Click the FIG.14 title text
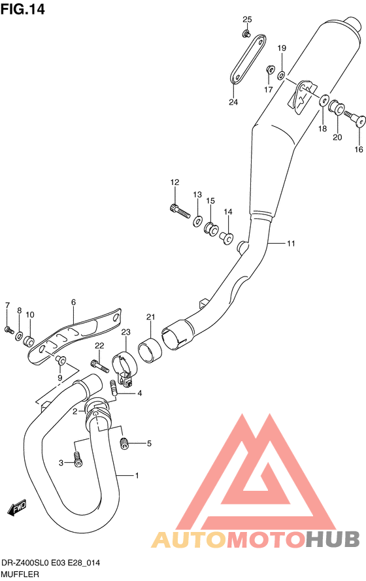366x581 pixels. click(x=22, y=9)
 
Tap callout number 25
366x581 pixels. click(x=247, y=19)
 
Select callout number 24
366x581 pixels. click(x=233, y=102)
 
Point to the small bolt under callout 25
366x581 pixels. click(x=246, y=34)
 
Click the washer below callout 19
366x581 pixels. click(x=281, y=76)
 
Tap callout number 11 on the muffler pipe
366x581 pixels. click(x=291, y=243)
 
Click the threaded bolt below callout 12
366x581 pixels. click(x=180, y=210)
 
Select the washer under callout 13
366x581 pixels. click(x=197, y=222)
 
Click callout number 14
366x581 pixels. click(x=228, y=212)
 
